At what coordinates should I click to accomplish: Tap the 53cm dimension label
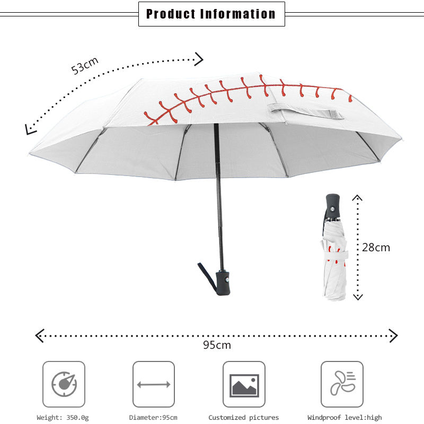click(85, 66)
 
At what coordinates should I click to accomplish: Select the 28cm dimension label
click(376, 247)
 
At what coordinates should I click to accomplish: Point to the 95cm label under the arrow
click(217, 345)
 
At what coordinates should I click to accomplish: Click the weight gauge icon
click(64, 382)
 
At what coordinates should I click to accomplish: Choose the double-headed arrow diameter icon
click(154, 384)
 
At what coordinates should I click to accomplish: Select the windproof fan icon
click(342, 382)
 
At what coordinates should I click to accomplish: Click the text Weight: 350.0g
click(63, 418)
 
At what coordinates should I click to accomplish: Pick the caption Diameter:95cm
click(153, 418)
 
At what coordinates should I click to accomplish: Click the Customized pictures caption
click(243, 418)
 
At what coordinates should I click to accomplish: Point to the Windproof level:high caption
click(344, 418)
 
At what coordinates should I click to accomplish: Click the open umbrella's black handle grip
click(223, 283)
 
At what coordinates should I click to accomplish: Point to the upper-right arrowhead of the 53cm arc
click(198, 58)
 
